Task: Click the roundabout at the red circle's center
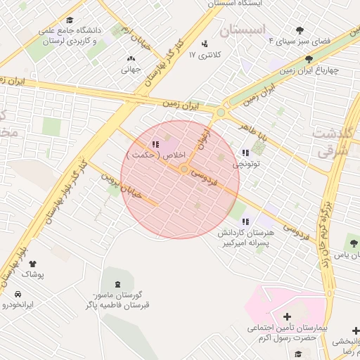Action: click(184, 169)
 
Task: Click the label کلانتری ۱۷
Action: click(205, 55)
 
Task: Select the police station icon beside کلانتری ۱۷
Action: click(205, 44)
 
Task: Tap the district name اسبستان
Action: click(243, 30)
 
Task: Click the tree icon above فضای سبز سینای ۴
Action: click(300, 30)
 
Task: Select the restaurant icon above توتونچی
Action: click(245, 153)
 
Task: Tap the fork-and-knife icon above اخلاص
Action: click(155, 144)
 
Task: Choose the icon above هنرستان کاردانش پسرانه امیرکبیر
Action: click(245, 221)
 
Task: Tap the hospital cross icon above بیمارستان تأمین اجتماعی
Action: click(287, 316)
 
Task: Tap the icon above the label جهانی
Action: click(131, 59)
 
